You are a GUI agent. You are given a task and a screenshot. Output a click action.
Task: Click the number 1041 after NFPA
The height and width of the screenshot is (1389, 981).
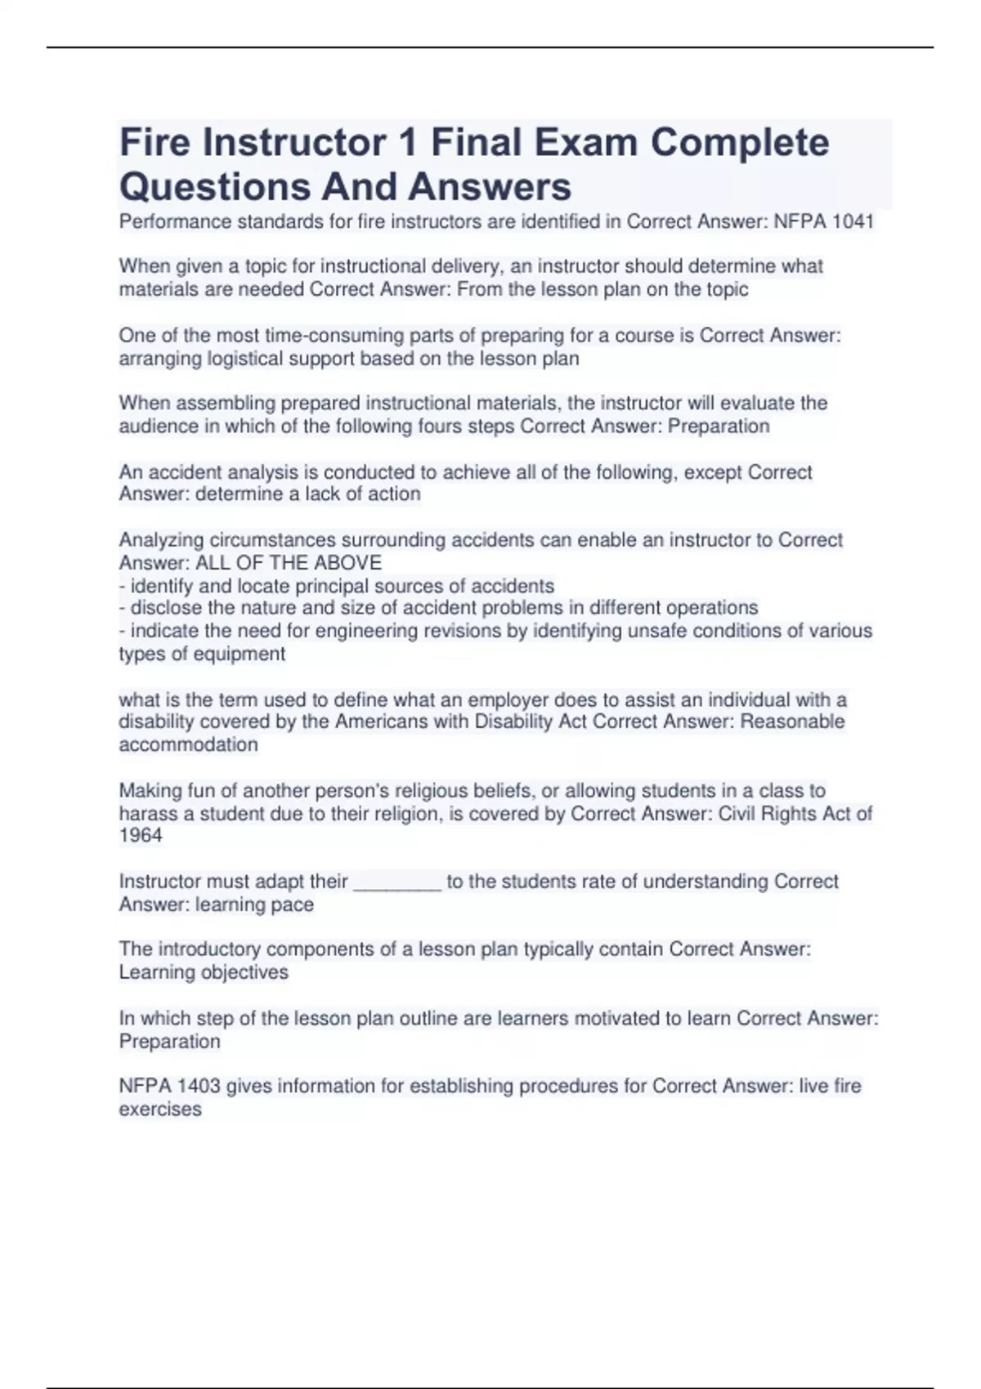pos(853,221)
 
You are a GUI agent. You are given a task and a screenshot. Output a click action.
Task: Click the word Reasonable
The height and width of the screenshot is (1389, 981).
pos(792,721)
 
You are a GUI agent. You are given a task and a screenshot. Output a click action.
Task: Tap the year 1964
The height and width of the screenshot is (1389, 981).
pos(141,835)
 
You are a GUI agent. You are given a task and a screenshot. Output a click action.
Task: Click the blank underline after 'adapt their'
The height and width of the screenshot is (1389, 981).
pos(397,882)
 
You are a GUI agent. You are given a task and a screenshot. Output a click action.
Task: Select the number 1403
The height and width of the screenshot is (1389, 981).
pos(199,1086)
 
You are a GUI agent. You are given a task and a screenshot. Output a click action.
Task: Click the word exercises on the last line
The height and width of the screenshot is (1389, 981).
pos(160,1109)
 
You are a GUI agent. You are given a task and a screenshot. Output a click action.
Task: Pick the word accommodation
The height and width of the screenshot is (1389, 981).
pos(188,744)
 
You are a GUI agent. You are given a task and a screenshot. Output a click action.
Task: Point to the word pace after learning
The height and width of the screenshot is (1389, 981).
pos(293,904)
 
